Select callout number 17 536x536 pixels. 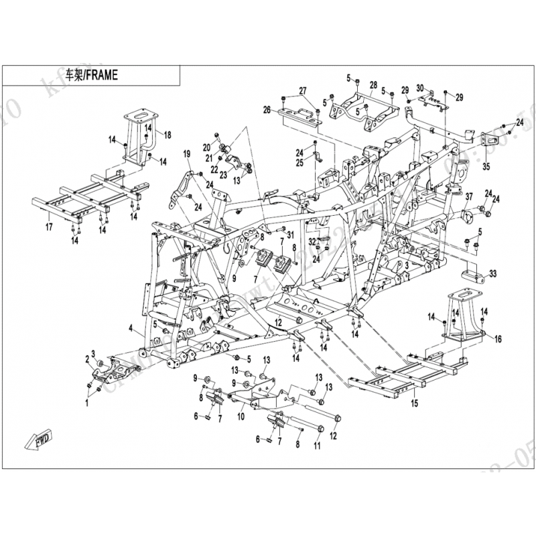pyautogui.click(x=48, y=227)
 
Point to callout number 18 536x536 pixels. pyautogui.click(x=167, y=135)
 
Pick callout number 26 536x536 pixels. pyautogui.click(x=266, y=110)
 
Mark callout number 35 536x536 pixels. pyautogui.click(x=486, y=166)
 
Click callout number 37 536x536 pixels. pyautogui.click(x=469, y=196)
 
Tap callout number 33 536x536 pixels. pyautogui.click(x=493, y=274)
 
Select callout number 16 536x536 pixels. pyautogui.click(x=498, y=340)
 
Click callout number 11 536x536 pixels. pyautogui.click(x=317, y=444)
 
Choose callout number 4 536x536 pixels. pyautogui.click(x=132, y=328)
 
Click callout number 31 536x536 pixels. pyautogui.click(x=290, y=233)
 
